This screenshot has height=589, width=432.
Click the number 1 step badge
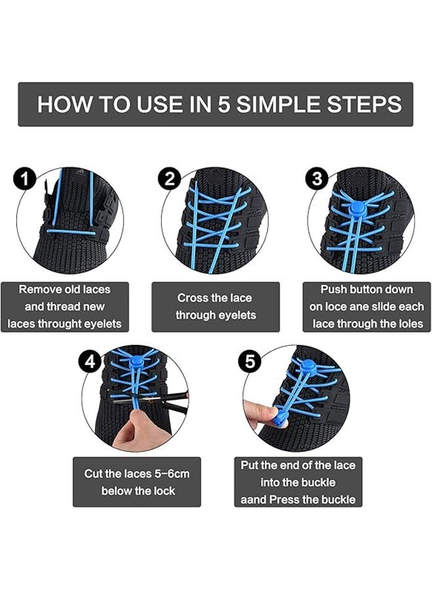24,179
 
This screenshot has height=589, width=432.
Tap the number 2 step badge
170,179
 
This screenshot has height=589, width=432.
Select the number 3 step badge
317,179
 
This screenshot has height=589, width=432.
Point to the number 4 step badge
90,362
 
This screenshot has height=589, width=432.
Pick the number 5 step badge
250,362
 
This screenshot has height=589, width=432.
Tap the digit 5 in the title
224,104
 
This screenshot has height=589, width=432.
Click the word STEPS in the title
364,104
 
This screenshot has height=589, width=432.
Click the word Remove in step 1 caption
39,290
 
